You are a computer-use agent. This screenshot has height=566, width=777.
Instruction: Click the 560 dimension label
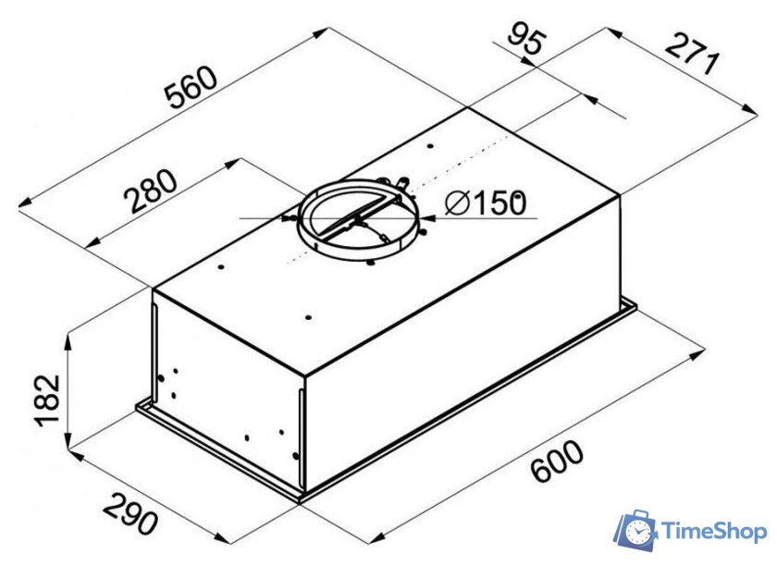point(191,87)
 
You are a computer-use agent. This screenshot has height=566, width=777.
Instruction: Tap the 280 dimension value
point(150,191)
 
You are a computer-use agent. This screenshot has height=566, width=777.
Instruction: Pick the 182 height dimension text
point(47,400)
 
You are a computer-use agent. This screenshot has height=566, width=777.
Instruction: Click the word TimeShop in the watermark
point(714,533)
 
